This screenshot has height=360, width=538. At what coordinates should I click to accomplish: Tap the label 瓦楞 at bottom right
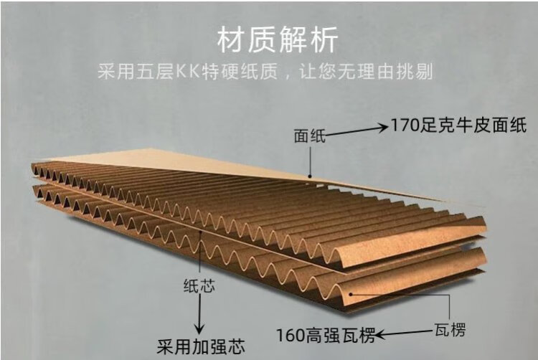450,331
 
